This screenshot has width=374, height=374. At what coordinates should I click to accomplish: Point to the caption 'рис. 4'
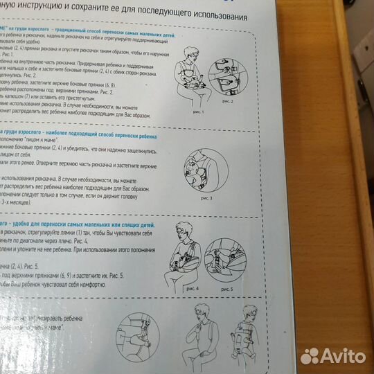192,286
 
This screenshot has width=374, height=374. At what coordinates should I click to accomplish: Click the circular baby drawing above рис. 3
197,171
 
